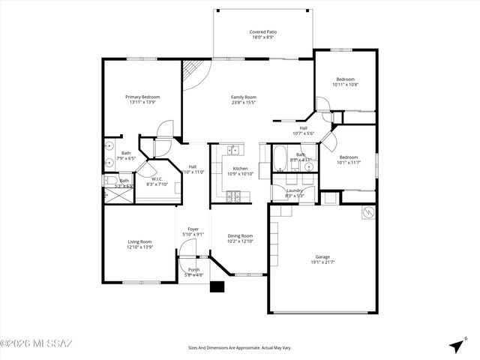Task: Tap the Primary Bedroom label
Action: (142, 97)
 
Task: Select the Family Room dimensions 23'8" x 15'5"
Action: (243, 102)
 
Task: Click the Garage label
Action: (322, 256)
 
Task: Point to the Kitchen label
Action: (240, 169)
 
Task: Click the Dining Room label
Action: (240, 235)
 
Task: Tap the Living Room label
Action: (140, 241)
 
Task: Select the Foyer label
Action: (193, 229)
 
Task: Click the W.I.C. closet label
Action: (157, 178)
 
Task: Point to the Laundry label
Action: (294, 191)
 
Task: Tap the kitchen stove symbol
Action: (233, 196)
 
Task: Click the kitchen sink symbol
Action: (235, 149)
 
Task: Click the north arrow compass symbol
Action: (456, 345)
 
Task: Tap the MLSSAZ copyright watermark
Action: (36, 344)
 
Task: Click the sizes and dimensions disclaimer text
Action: (240, 348)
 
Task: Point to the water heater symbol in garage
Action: (367, 213)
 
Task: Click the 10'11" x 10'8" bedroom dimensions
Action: (345, 85)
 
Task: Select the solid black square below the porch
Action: (217, 286)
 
